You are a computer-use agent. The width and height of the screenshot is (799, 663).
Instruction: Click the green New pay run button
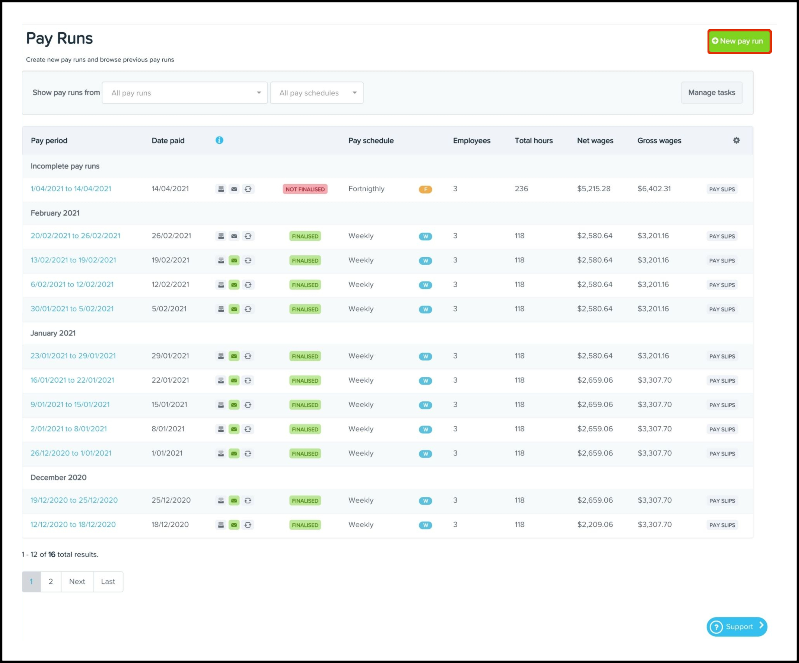pos(739,41)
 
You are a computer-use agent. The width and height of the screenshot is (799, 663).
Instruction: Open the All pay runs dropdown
pos(185,93)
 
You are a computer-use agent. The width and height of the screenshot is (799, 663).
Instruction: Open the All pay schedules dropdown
pos(317,93)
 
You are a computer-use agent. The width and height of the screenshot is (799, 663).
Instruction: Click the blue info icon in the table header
pos(219,140)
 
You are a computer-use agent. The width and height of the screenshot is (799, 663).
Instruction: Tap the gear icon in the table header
pos(736,140)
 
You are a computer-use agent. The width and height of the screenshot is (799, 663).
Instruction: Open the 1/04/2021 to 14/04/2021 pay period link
pos(71,189)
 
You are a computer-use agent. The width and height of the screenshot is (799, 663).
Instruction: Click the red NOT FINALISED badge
pos(305,189)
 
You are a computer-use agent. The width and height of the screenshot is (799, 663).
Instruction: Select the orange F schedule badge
pos(425,190)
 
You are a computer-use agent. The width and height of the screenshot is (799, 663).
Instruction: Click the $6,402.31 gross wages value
pos(654,189)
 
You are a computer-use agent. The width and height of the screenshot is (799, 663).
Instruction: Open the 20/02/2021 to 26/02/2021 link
pos(76,236)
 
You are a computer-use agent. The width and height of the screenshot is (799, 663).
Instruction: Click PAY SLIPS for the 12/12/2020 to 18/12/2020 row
pos(722,525)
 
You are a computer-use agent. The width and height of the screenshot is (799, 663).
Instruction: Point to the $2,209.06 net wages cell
pos(595,525)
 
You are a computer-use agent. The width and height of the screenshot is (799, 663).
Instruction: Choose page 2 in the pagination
pos(51,582)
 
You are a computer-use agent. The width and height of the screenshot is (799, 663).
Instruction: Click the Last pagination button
pos(108,582)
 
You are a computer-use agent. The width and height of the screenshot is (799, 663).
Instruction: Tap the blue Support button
pos(737,627)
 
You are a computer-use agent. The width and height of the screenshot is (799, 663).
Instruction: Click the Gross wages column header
pos(659,141)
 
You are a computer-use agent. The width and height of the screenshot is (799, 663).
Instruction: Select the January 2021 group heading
pos(53,333)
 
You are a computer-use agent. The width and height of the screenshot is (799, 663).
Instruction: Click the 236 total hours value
pos(521,189)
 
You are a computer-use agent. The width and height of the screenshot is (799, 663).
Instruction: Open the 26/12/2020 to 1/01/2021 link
pos(71,453)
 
